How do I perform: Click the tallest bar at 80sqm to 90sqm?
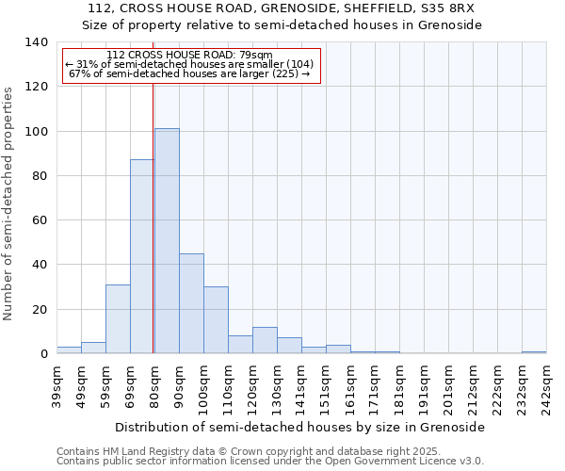[167, 241]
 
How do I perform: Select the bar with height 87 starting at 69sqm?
[142, 256]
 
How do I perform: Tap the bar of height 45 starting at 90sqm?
[191, 303]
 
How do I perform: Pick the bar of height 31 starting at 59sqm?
[118, 318]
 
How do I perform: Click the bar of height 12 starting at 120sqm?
[265, 340]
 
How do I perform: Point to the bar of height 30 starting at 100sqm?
[216, 320]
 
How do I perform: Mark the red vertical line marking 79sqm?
[153, 217]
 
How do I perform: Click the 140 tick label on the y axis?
[36, 42]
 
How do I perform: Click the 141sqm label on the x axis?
[301, 387]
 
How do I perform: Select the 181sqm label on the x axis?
[399, 387]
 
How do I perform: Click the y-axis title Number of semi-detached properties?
[9, 203]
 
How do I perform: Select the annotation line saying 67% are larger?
[189, 73]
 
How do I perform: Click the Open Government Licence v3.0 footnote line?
[270, 461]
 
